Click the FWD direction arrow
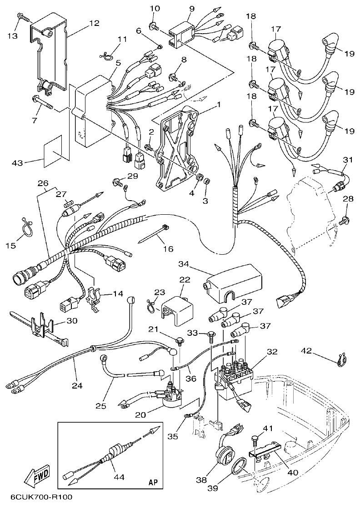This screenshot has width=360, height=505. (x=37, y=479)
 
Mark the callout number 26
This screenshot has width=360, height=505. (x=43, y=183)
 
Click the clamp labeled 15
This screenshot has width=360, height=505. (x=26, y=228)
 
